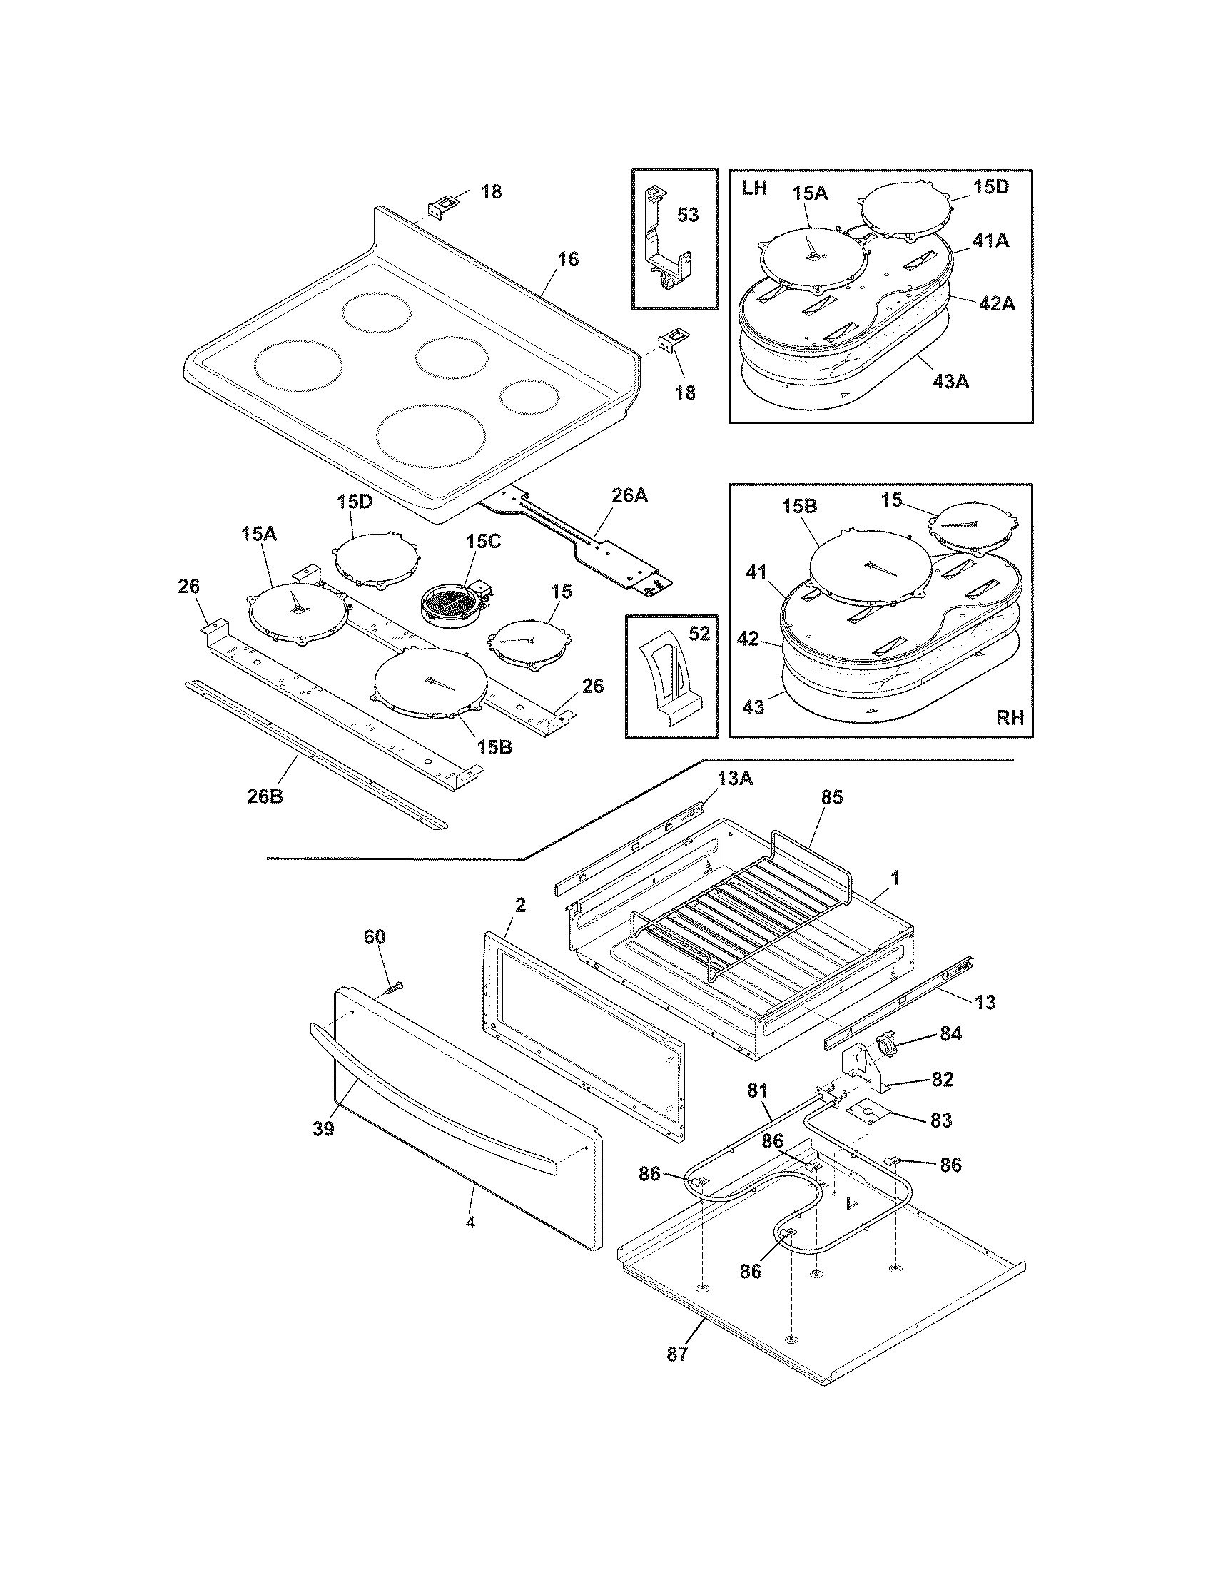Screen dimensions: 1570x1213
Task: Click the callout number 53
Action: click(x=688, y=214)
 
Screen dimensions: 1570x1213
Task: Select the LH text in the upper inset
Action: click(x=753, y=188)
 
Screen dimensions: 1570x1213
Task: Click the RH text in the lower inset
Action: click(x=1010, y=717)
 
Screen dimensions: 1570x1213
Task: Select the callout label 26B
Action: click(x=265, y=797)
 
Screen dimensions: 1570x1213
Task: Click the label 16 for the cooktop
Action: click(x=568, y=260)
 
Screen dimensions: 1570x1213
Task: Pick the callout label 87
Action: click(x=676, y=1354)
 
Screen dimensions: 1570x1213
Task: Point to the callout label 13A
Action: click(x=735, y=779)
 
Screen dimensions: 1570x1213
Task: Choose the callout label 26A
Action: click(x=629, y=495)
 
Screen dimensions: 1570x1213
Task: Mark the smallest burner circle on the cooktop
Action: click(x=529, y=397)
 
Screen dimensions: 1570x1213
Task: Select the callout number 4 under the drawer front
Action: click(x=470, y=1221)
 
